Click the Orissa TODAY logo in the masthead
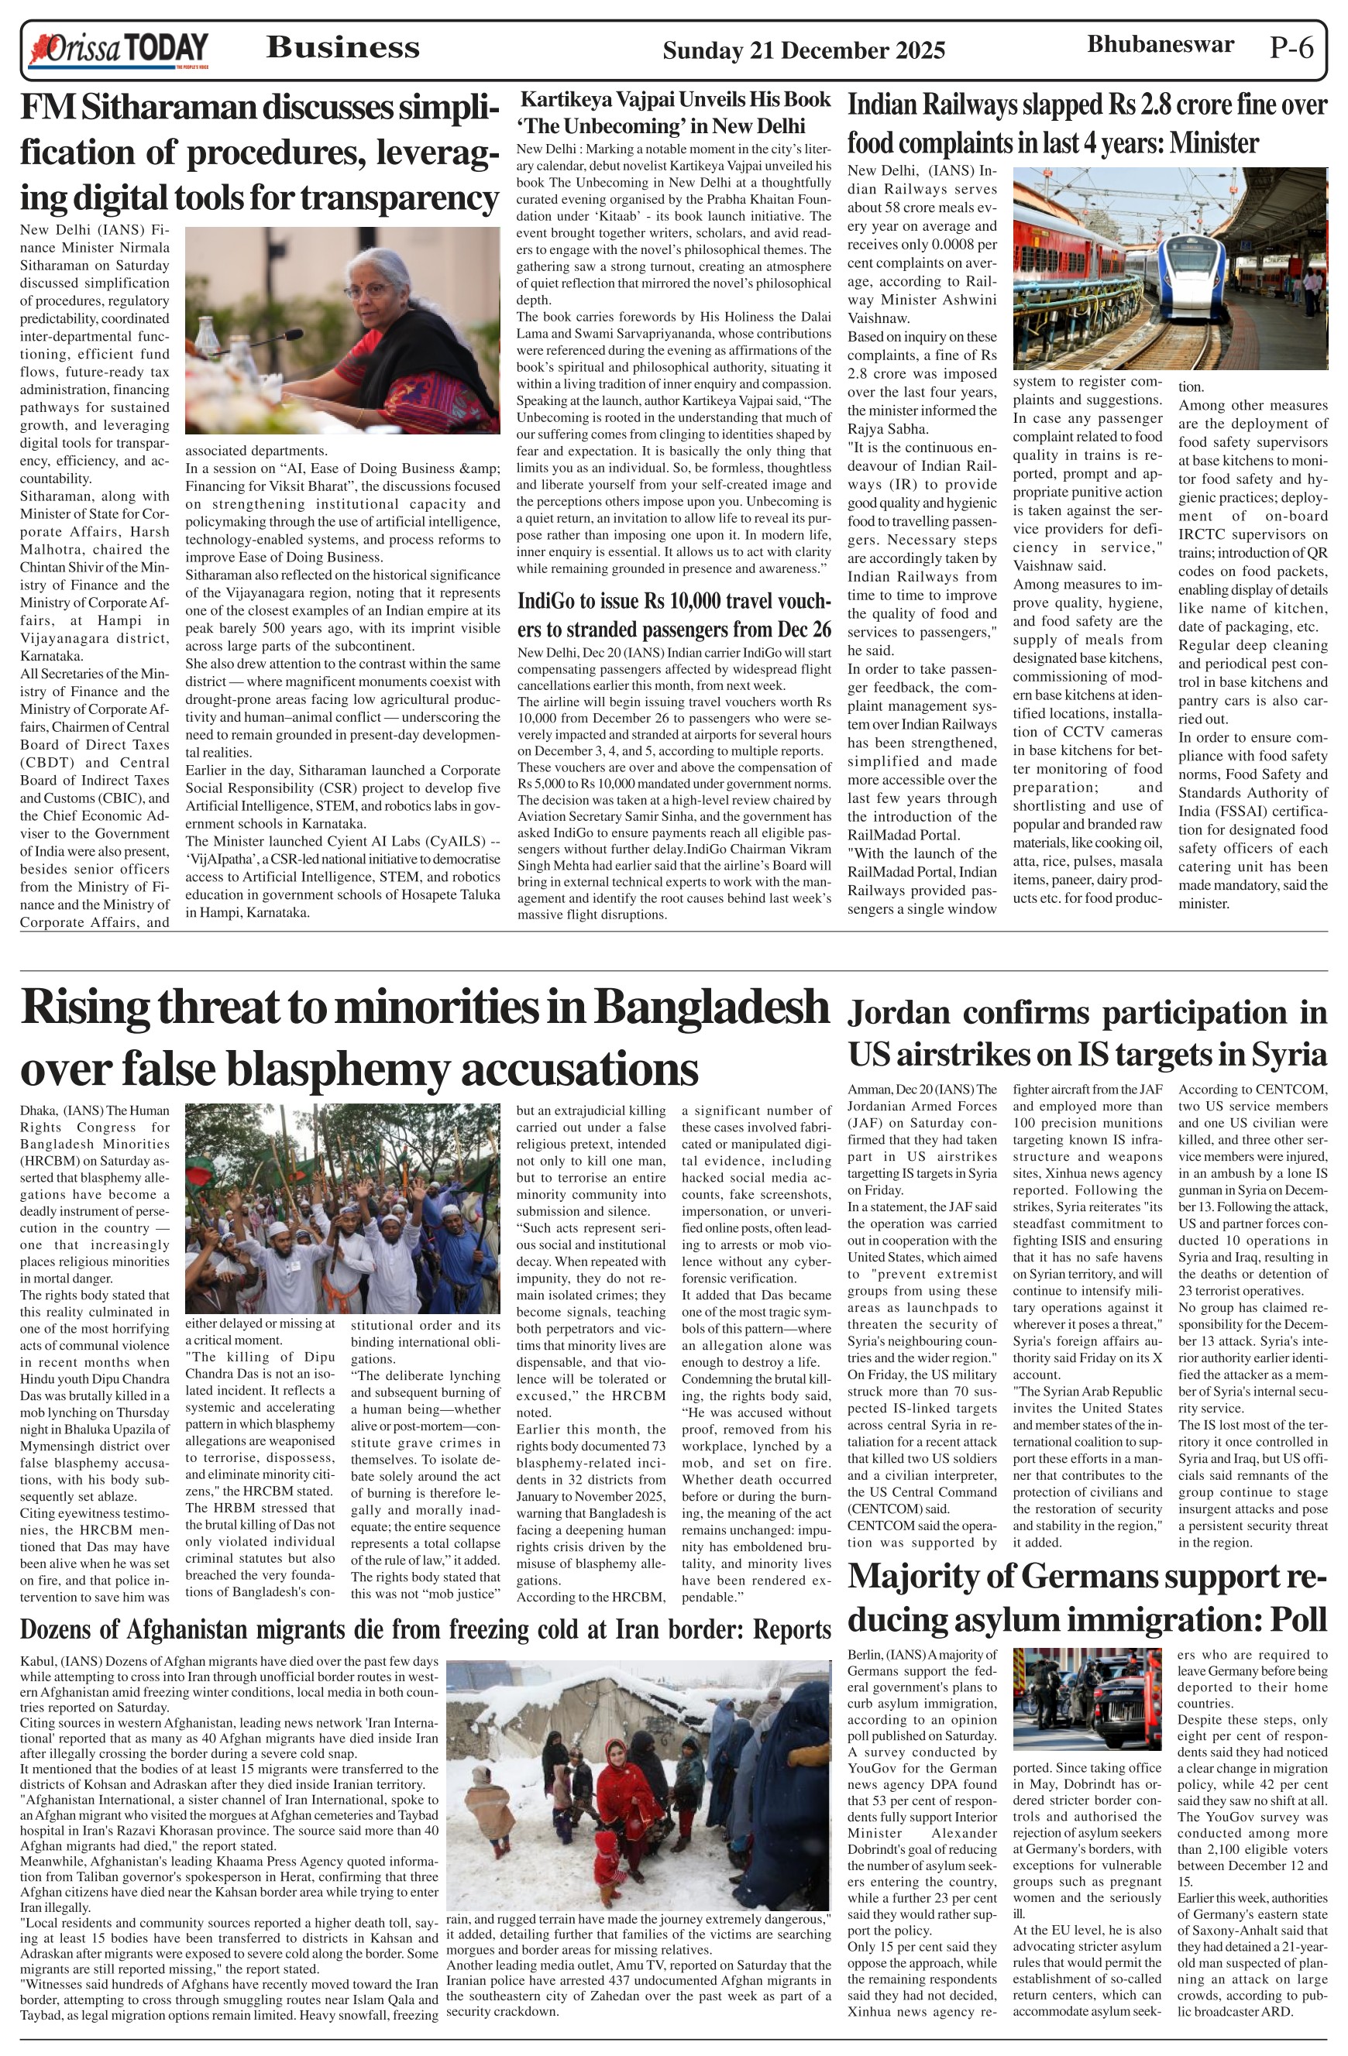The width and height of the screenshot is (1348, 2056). [119, 50]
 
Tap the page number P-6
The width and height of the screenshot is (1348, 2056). [1291, 47]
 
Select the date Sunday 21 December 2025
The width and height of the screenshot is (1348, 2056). [803, 51]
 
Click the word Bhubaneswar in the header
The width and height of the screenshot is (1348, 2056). [1160, 44]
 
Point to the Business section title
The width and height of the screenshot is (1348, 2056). [343, 47]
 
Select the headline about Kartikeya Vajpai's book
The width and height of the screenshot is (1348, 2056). [674, 112]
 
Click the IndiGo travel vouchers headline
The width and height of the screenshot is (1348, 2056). [674, 614]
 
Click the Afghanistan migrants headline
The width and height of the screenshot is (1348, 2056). [425, 1630]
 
